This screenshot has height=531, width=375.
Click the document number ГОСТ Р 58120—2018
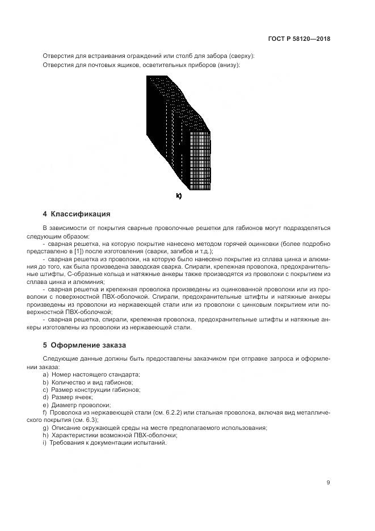click(x=299, y=39)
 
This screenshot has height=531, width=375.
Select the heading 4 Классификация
click(x=77, y=214)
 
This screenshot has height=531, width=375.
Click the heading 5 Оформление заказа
click(x=84, y=345)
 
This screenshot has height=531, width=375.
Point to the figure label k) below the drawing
click(x=179, y=196)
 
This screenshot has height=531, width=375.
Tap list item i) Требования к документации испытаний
click(x=104, y=442)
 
